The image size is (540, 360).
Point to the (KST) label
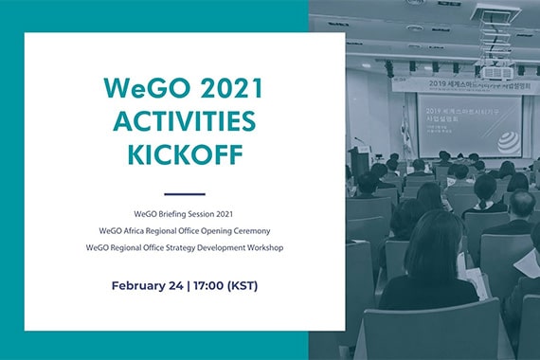pyautogui.click(x=242, y=285)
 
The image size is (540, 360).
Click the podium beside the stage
pyautogui.click(x=361, y=159)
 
